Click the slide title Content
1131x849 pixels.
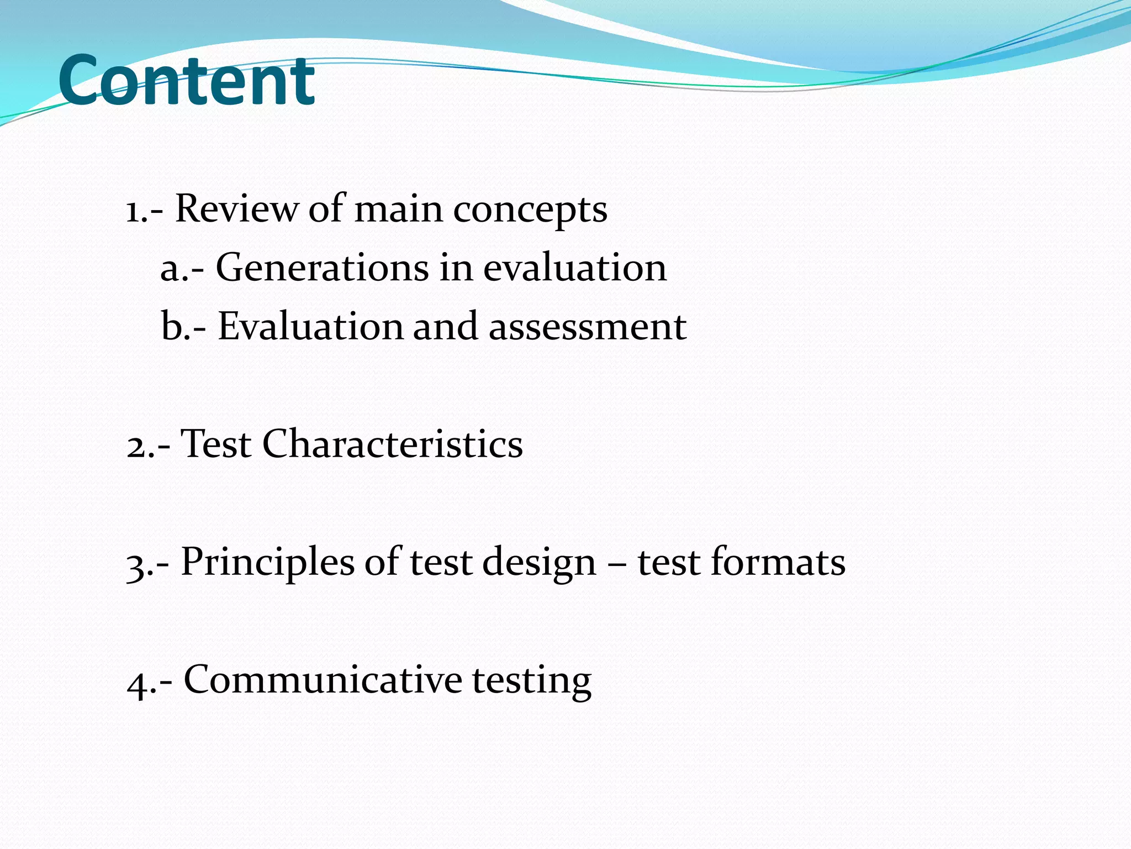187,81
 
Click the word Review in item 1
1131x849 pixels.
236,209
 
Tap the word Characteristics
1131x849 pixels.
392,444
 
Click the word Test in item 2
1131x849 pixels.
216,444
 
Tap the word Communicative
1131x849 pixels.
323,679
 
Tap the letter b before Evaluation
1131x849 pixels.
171,326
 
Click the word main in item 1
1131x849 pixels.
398,209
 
